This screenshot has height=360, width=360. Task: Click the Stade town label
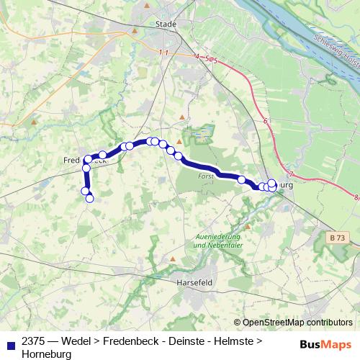166,24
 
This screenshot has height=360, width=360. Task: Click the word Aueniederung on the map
217,237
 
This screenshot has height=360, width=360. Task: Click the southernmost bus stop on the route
90,199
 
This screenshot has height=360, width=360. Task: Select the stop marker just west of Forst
178,156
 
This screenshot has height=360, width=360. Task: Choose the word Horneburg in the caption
47,355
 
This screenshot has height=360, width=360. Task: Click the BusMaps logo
327,343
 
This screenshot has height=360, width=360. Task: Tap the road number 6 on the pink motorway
266,122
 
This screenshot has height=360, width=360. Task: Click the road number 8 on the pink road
356,195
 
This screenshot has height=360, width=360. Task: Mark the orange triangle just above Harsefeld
173,257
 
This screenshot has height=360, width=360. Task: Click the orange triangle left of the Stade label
147,6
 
